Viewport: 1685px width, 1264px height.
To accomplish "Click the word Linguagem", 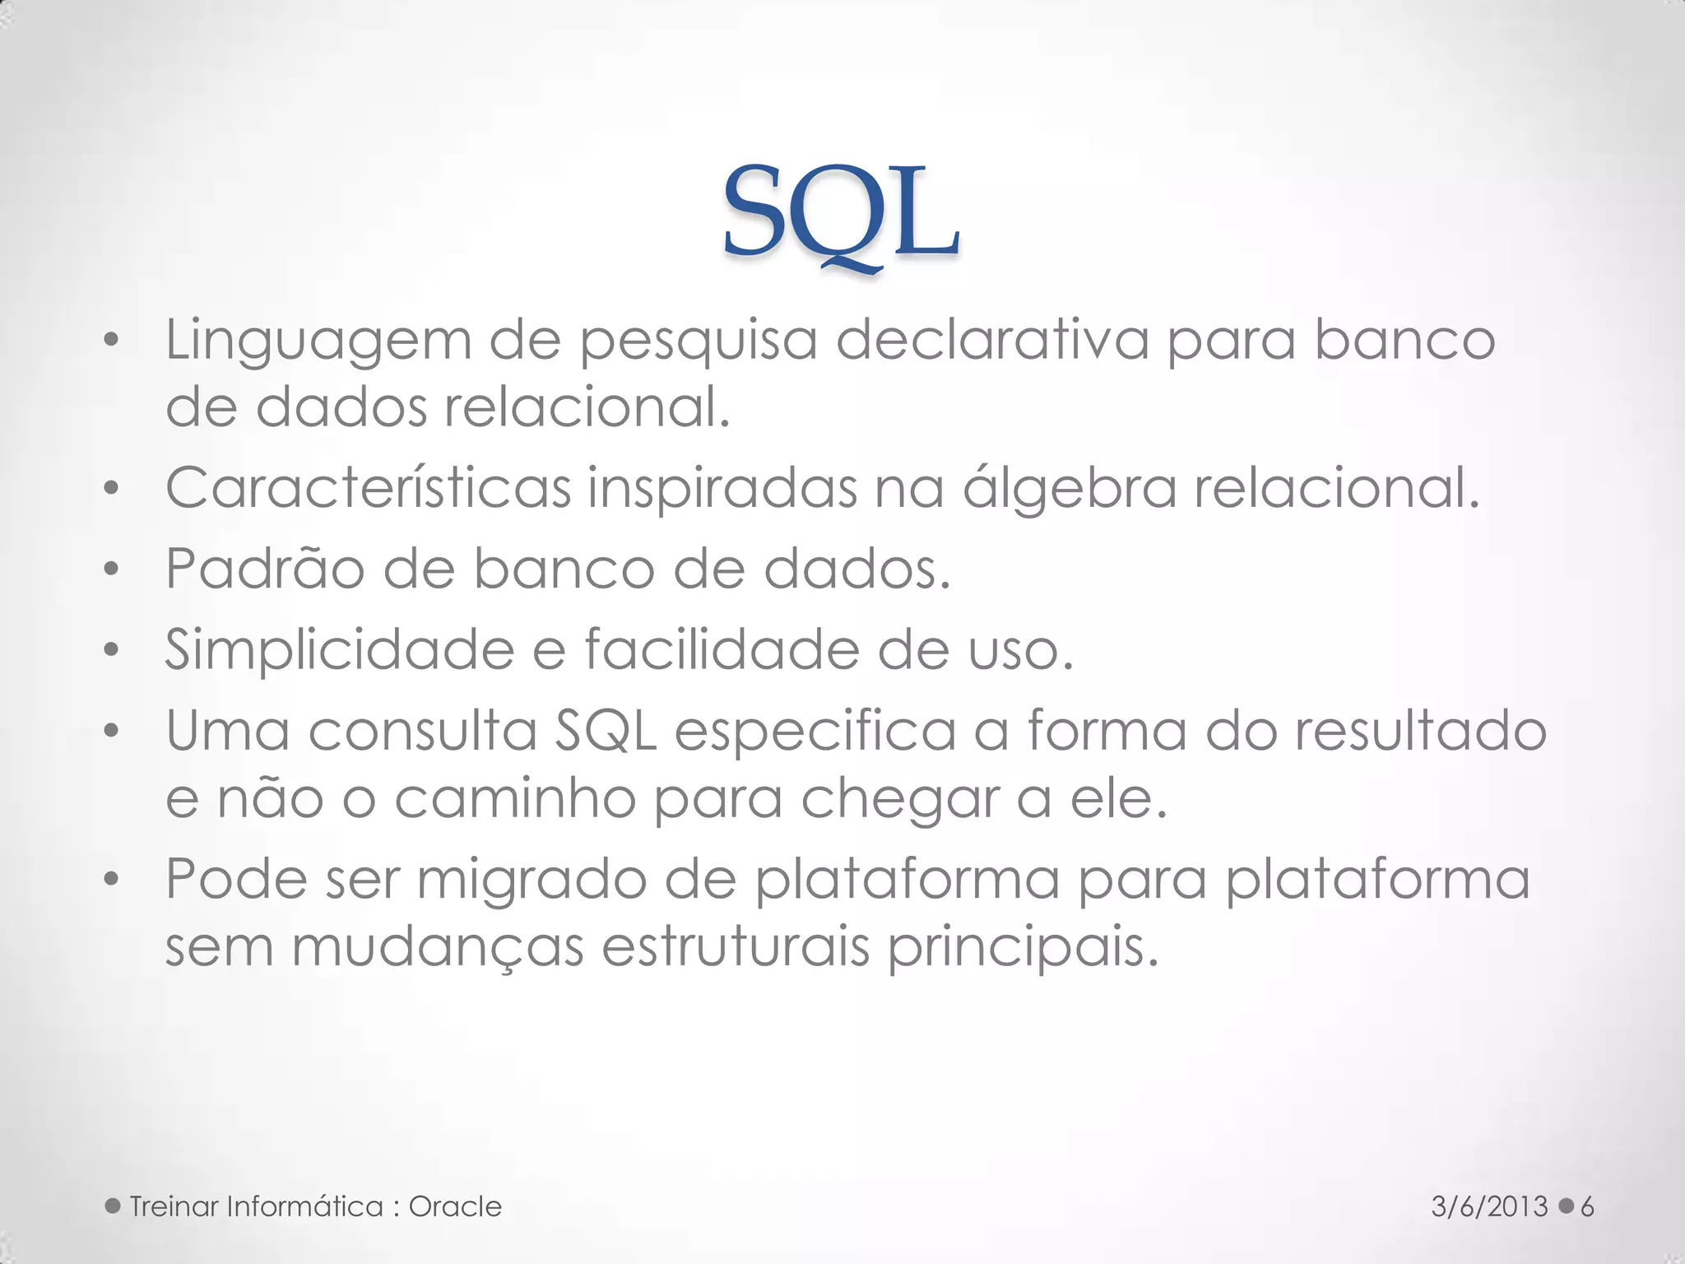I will click(318, 341).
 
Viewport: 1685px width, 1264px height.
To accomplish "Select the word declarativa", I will click(991, 339).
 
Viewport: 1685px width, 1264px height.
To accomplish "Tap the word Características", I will click(368, 488).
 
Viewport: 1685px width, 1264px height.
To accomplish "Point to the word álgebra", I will click(1070, 488).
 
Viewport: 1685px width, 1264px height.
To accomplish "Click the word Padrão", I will click(264, 569).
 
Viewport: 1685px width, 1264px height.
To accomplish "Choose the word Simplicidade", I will click(339, 650).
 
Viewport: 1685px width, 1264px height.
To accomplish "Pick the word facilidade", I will click(721, 650).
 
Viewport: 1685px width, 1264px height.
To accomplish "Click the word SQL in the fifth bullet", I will click(606, 731).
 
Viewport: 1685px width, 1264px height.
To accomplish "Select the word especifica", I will click(815, 731).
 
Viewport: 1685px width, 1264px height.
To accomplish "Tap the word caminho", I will click(514, 798).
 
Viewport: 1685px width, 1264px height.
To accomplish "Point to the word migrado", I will click(531, 880).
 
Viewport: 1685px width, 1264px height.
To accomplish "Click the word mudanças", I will click(437, 947).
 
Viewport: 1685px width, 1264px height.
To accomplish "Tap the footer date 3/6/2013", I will click(1489, 1206).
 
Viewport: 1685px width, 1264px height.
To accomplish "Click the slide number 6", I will click(1587, 1206).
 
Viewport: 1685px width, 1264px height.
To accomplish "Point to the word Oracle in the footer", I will click(455, 1206).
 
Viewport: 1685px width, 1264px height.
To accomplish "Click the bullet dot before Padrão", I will click(112, 569).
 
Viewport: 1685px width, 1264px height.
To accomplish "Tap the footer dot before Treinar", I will click(114, 1206).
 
